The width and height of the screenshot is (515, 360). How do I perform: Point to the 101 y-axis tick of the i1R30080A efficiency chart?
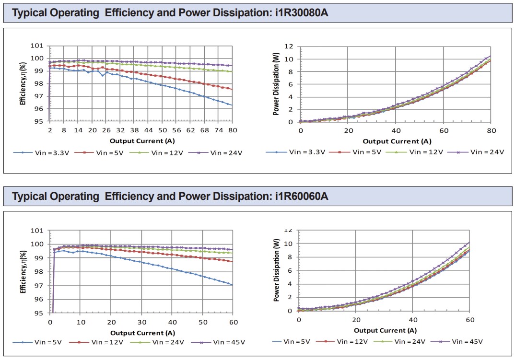point(39,46)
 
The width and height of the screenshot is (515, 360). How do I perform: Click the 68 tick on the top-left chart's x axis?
point(205,130)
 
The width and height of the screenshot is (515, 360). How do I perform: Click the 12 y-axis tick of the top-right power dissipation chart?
point(289,46)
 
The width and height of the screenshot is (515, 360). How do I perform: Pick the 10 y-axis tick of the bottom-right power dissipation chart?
point(289,244)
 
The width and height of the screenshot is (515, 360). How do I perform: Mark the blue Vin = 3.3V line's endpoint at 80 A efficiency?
point(232,105)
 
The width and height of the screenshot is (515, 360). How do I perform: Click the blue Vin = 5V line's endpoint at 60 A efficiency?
point(233,285)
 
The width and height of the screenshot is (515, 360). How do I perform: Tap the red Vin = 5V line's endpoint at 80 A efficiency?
point(232,89)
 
